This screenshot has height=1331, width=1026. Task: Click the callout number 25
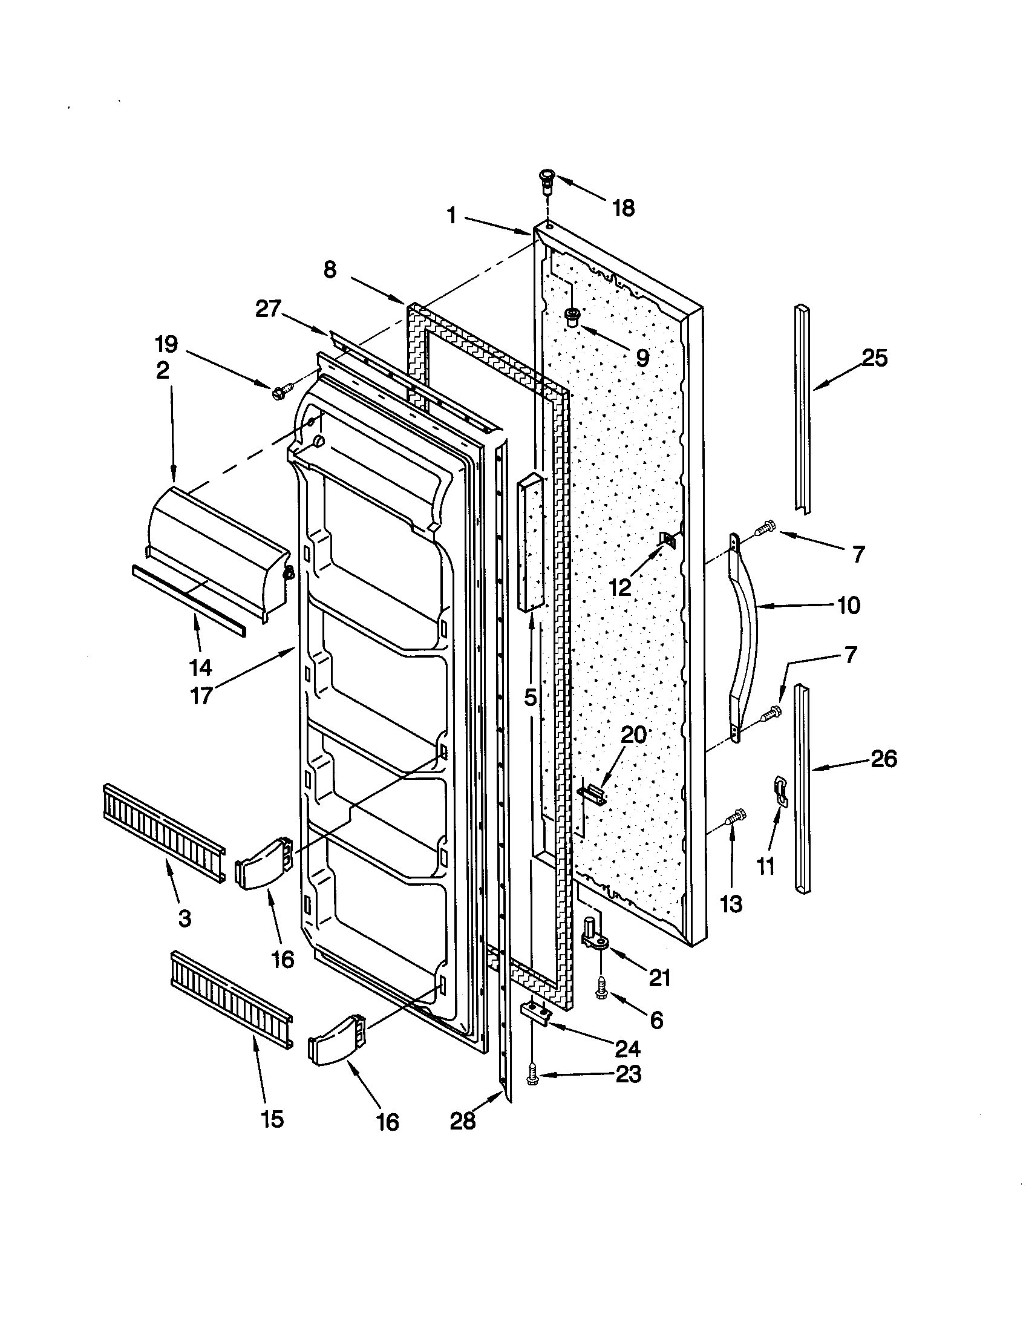874,358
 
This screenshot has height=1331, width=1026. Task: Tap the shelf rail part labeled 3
163,824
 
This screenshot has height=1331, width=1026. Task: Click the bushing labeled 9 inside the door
572,317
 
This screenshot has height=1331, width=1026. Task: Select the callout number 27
267,310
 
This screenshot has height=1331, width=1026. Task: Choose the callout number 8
330,269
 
